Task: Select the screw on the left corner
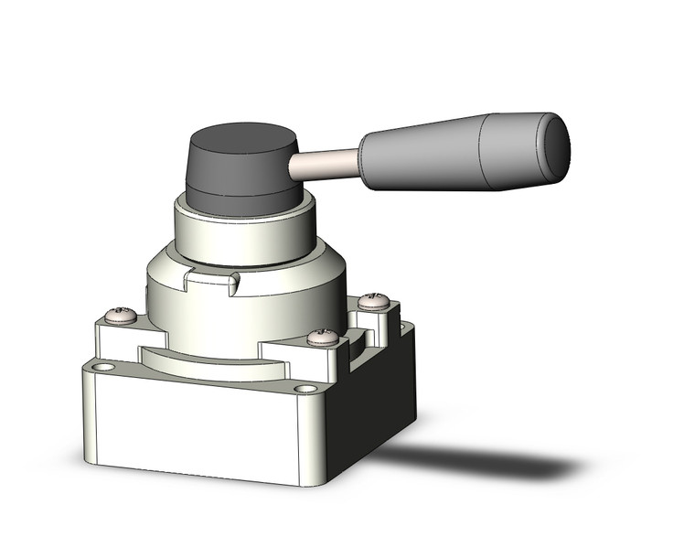click(122, 317)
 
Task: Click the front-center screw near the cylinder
click(322, 338)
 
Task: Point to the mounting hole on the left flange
click(103, 368)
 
